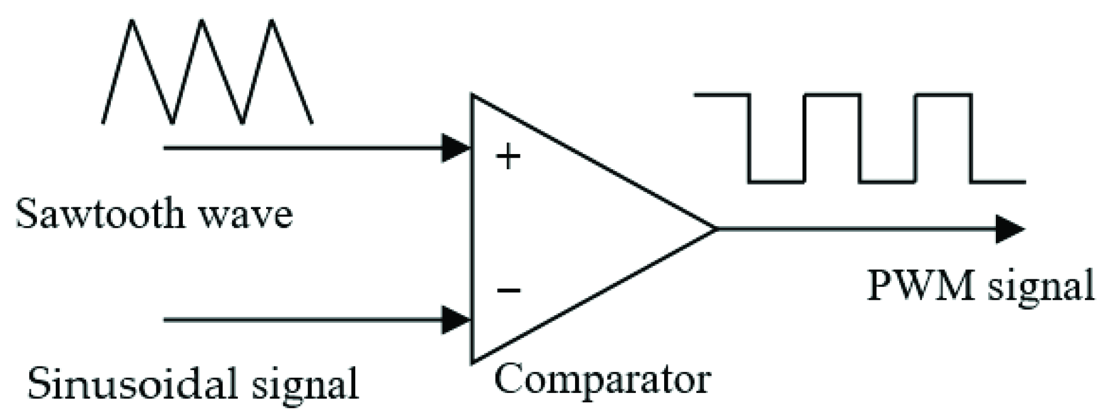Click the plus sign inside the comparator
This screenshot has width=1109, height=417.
click(x=508, y=158)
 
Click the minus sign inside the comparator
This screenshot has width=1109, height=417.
click(x=508, y=289)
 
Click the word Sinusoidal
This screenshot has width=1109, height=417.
click(x=132, y=384)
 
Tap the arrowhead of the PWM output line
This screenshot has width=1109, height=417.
click(x=1009, y=229)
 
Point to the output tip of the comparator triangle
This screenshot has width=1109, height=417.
click(x=715, y=228)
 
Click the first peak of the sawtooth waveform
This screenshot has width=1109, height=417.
click(x=132, y=22)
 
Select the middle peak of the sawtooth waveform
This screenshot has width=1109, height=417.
click(x=202, y=22)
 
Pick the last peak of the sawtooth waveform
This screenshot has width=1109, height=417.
click(x=272, y=22)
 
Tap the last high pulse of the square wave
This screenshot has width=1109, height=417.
click(x=943, y=95)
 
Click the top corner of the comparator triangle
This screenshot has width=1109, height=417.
click(x=472, y=95)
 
